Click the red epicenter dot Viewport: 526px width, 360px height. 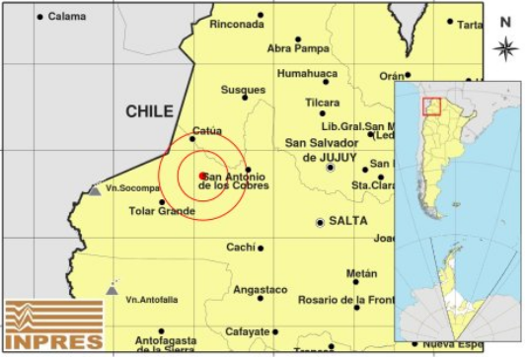coord(202,176)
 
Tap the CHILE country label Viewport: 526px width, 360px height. coord(149,112)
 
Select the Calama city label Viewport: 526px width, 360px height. coord(66,16)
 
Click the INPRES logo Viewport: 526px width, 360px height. coord(53,325)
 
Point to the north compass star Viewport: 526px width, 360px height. coord(505,47)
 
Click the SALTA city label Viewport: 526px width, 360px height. coord(348,222)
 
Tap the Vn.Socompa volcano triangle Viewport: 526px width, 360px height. coord(94,189)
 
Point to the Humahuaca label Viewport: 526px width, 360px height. coord(307,74)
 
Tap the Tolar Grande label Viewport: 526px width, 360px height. coord(162,211)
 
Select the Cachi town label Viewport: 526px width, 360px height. coord(240,248)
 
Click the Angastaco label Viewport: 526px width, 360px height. coord(260,290)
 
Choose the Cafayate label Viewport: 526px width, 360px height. coord(246,332)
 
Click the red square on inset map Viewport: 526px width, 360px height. coord(431,107)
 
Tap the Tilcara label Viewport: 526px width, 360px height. coord(322,102)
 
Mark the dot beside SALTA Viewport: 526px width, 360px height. coord(320,223)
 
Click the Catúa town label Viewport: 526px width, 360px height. coord(206,130)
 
